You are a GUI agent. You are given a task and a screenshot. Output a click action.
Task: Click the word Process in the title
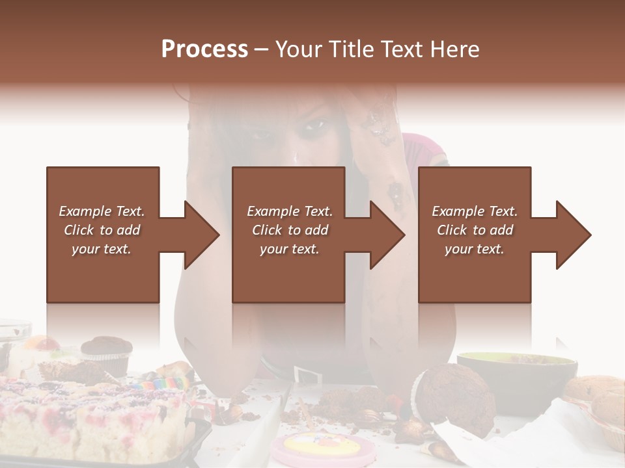click(204, 49)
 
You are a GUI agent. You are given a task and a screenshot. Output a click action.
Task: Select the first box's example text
click(102, 230)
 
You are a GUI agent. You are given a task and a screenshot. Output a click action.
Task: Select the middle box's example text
click(289, 230)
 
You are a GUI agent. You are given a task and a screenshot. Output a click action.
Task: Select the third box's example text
click(474, 230)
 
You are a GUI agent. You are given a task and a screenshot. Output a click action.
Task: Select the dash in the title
click(262, 49)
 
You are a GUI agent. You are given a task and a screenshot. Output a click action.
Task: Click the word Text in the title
click(403, 49)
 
